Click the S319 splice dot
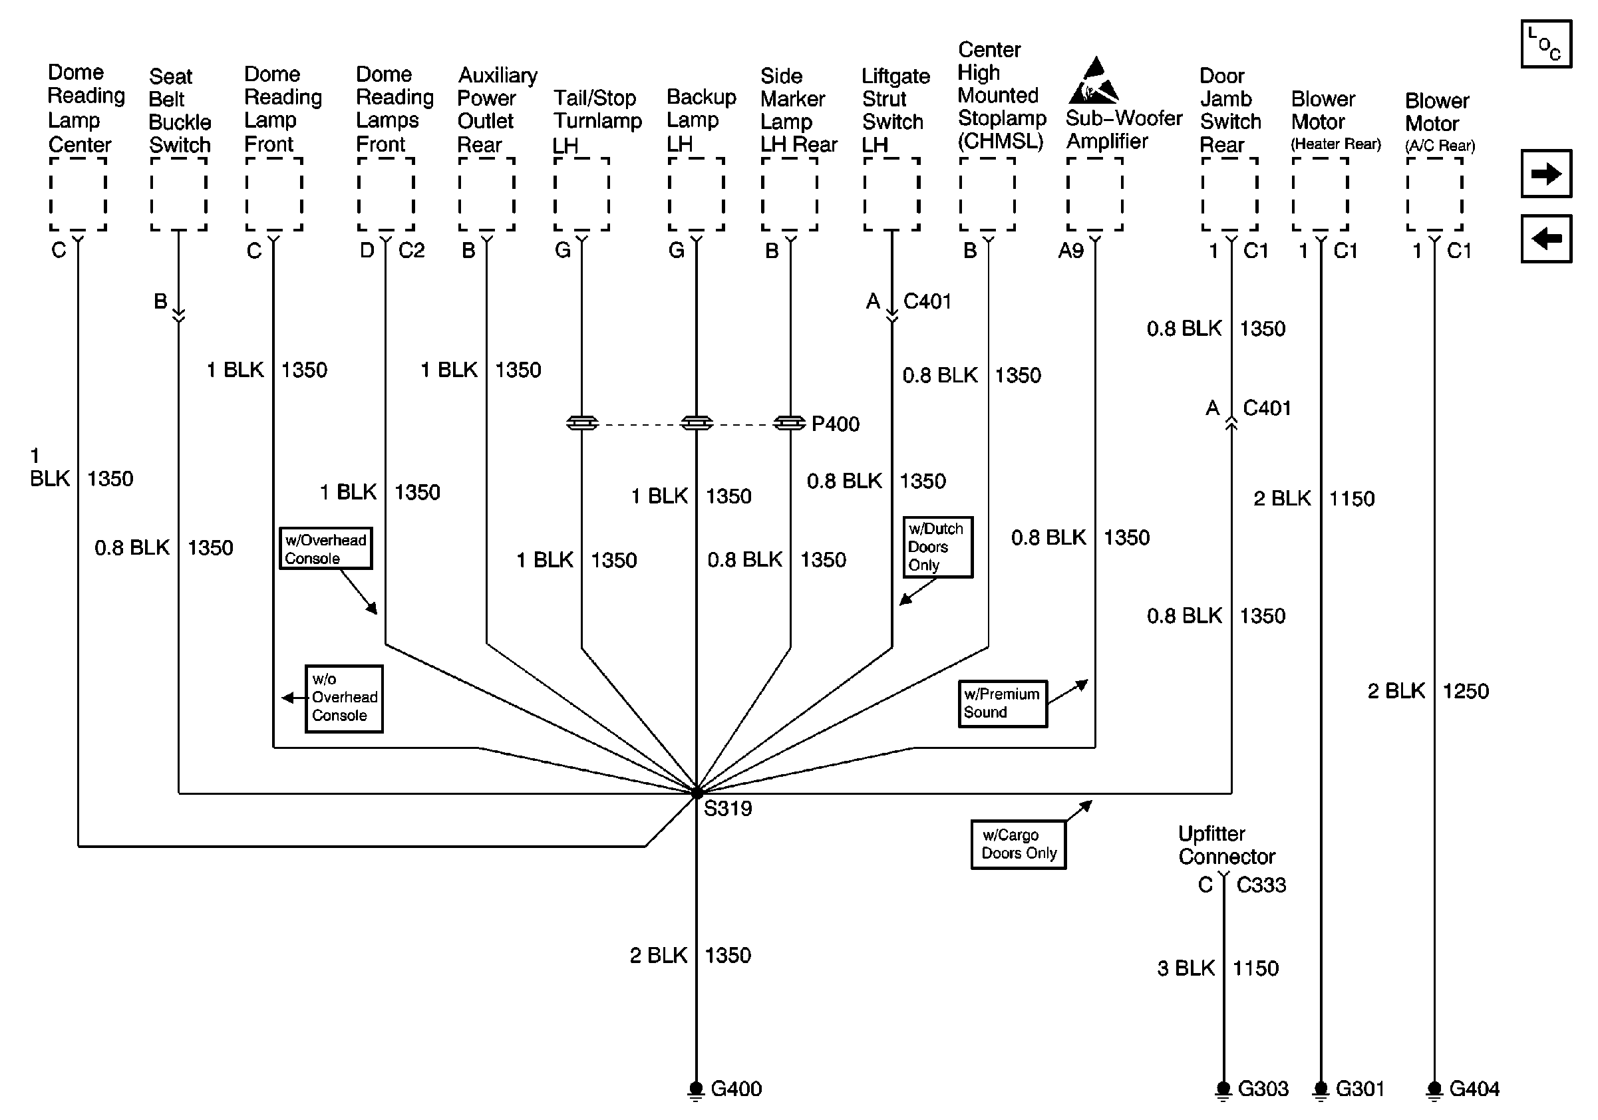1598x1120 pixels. point(697,792)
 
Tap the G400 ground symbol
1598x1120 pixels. point(696,1090)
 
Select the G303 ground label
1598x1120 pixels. point(1263,1089)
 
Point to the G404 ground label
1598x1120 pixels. point(1474,1089)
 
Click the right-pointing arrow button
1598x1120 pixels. point(1547,173)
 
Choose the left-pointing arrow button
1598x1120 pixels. point(1547,239)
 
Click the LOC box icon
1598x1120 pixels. point(1547,44)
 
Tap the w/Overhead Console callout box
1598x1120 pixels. point(326,549)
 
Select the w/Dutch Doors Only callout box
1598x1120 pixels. point(937,547)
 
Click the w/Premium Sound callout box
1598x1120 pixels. point(1003,703)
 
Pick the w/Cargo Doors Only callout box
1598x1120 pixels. point(1019,845)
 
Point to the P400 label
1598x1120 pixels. point(835,424)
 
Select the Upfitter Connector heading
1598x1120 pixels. point(1226,845)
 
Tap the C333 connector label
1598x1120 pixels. point(1261,885)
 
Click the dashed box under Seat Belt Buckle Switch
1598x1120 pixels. point(179,194)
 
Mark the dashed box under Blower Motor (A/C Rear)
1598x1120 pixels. point(1434,194)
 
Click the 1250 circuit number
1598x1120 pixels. point(1466,691)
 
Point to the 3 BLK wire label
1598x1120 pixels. point(1186,968)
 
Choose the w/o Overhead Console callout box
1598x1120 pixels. point(344,698)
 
